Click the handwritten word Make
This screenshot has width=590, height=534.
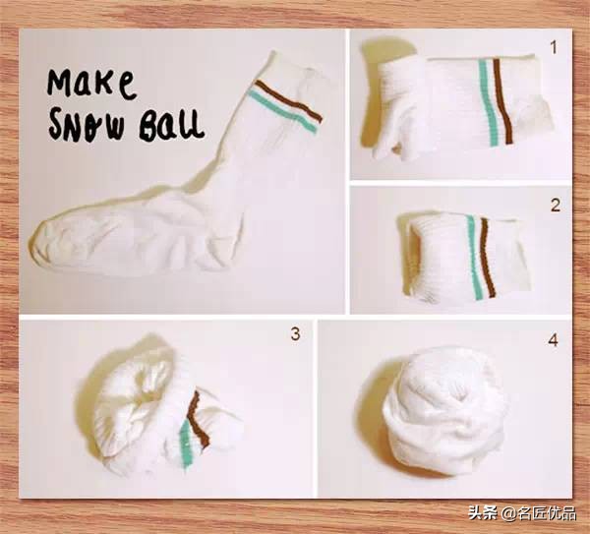coord(91,85)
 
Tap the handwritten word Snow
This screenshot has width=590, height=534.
coord(87,123)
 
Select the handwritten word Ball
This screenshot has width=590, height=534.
coord(171,124)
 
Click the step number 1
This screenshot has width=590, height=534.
coord(553,48)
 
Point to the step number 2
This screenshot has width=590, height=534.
coord(556,206)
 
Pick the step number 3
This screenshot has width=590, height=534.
coord(295,333)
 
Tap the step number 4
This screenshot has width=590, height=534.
coord(553,340)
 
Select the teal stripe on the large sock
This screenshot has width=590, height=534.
coord(283,112)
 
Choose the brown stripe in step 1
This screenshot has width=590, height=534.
coord(502,101)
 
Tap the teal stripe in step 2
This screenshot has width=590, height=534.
coord(474,257)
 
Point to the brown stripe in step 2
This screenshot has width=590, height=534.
coord(488,256)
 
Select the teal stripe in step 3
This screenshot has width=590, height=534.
coord(187,445)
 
